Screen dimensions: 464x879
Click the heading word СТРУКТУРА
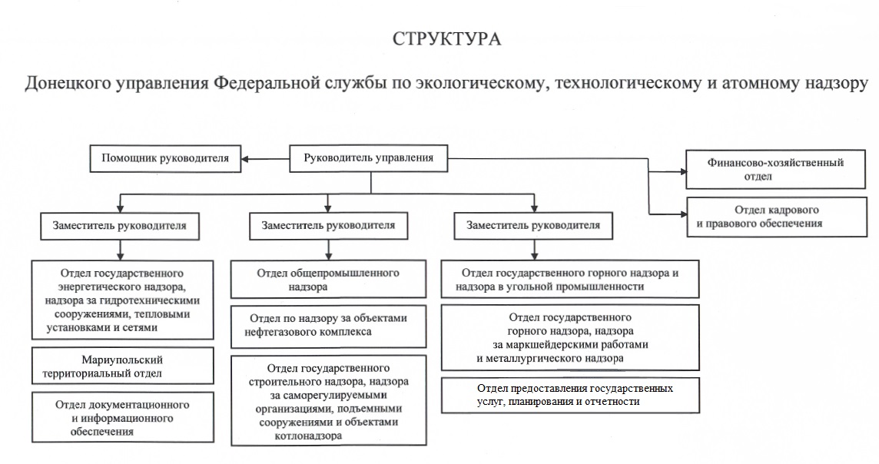click(x=446, y=38)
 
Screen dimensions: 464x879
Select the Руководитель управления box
click(x=369, y=159)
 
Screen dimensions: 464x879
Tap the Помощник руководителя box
click(x=165, y=159)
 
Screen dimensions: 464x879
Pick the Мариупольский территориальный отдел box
click(x=122, y=366)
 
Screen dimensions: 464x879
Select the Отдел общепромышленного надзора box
click(x=328, y=280)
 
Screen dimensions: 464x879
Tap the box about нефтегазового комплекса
click(x=328, y=326)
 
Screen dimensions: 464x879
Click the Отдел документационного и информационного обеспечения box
click(x=122, y=417)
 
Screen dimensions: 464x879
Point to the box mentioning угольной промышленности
click(x=570, y=280)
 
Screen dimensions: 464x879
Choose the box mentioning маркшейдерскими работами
click(x=570, y=337)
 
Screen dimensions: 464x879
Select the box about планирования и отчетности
click(x=570, y=395)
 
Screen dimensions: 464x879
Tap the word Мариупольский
click(x=122, y=360)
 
